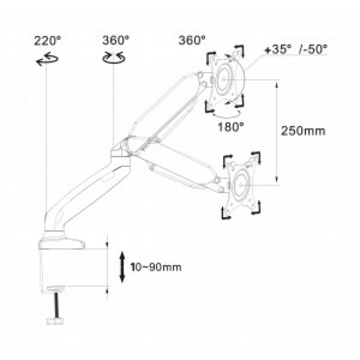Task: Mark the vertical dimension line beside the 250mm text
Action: coord(278,131)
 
